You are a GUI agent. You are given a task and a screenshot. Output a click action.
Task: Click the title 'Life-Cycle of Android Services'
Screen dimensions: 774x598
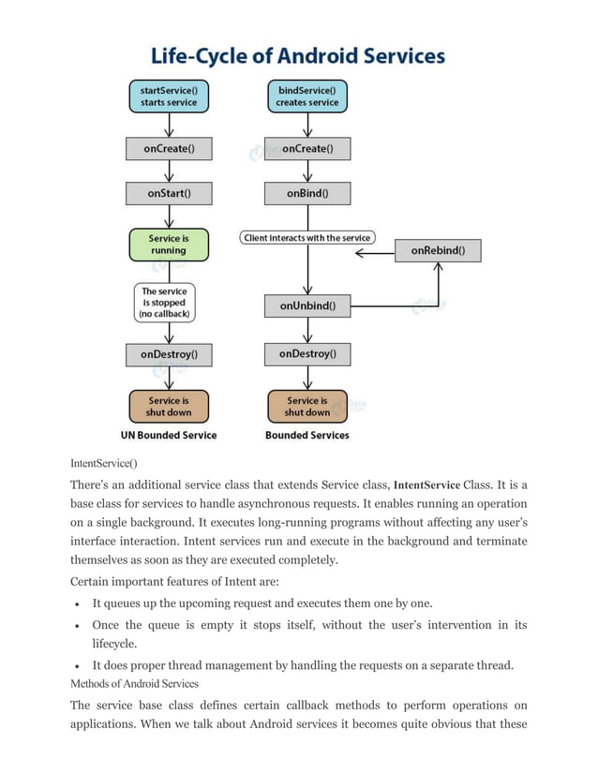(298, 56)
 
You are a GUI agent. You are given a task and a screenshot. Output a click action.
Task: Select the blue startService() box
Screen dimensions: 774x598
(169, 97)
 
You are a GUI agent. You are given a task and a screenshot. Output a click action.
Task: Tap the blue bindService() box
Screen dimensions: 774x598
(306, 97)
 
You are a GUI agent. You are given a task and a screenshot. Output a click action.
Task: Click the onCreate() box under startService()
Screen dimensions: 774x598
(169, 148)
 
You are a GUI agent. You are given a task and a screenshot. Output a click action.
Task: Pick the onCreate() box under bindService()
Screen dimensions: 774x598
(306, 148)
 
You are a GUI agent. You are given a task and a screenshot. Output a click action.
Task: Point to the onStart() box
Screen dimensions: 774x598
(169, 193)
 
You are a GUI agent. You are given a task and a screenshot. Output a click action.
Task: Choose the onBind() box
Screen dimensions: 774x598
(306, 193)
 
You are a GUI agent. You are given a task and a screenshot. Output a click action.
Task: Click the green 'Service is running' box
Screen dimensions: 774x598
(169, 245)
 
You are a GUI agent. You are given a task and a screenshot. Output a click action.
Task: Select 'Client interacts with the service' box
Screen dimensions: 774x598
(306, 238)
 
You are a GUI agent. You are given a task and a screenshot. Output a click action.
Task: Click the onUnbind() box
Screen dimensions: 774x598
(306, 305)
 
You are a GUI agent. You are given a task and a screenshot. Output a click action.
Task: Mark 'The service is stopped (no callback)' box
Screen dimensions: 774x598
(164, 303)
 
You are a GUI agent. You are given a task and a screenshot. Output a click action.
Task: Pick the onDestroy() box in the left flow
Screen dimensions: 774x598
(169, 355)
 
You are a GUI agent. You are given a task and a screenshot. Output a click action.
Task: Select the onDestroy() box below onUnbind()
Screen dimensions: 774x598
(306, 354)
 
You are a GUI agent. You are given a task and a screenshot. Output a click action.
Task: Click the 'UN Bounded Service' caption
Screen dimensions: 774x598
(169, 435)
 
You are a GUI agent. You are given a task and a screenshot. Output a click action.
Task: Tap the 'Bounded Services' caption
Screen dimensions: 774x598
(306, 435)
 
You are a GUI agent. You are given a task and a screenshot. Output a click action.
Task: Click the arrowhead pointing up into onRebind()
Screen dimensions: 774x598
(439, 267)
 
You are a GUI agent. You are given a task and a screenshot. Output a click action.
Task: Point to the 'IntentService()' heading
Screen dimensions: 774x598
(104, 463)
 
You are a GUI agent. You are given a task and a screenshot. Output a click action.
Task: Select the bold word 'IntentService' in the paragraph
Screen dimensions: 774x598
(426, 485)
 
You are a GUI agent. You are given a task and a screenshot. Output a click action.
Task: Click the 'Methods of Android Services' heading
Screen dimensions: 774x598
(134, 683)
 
